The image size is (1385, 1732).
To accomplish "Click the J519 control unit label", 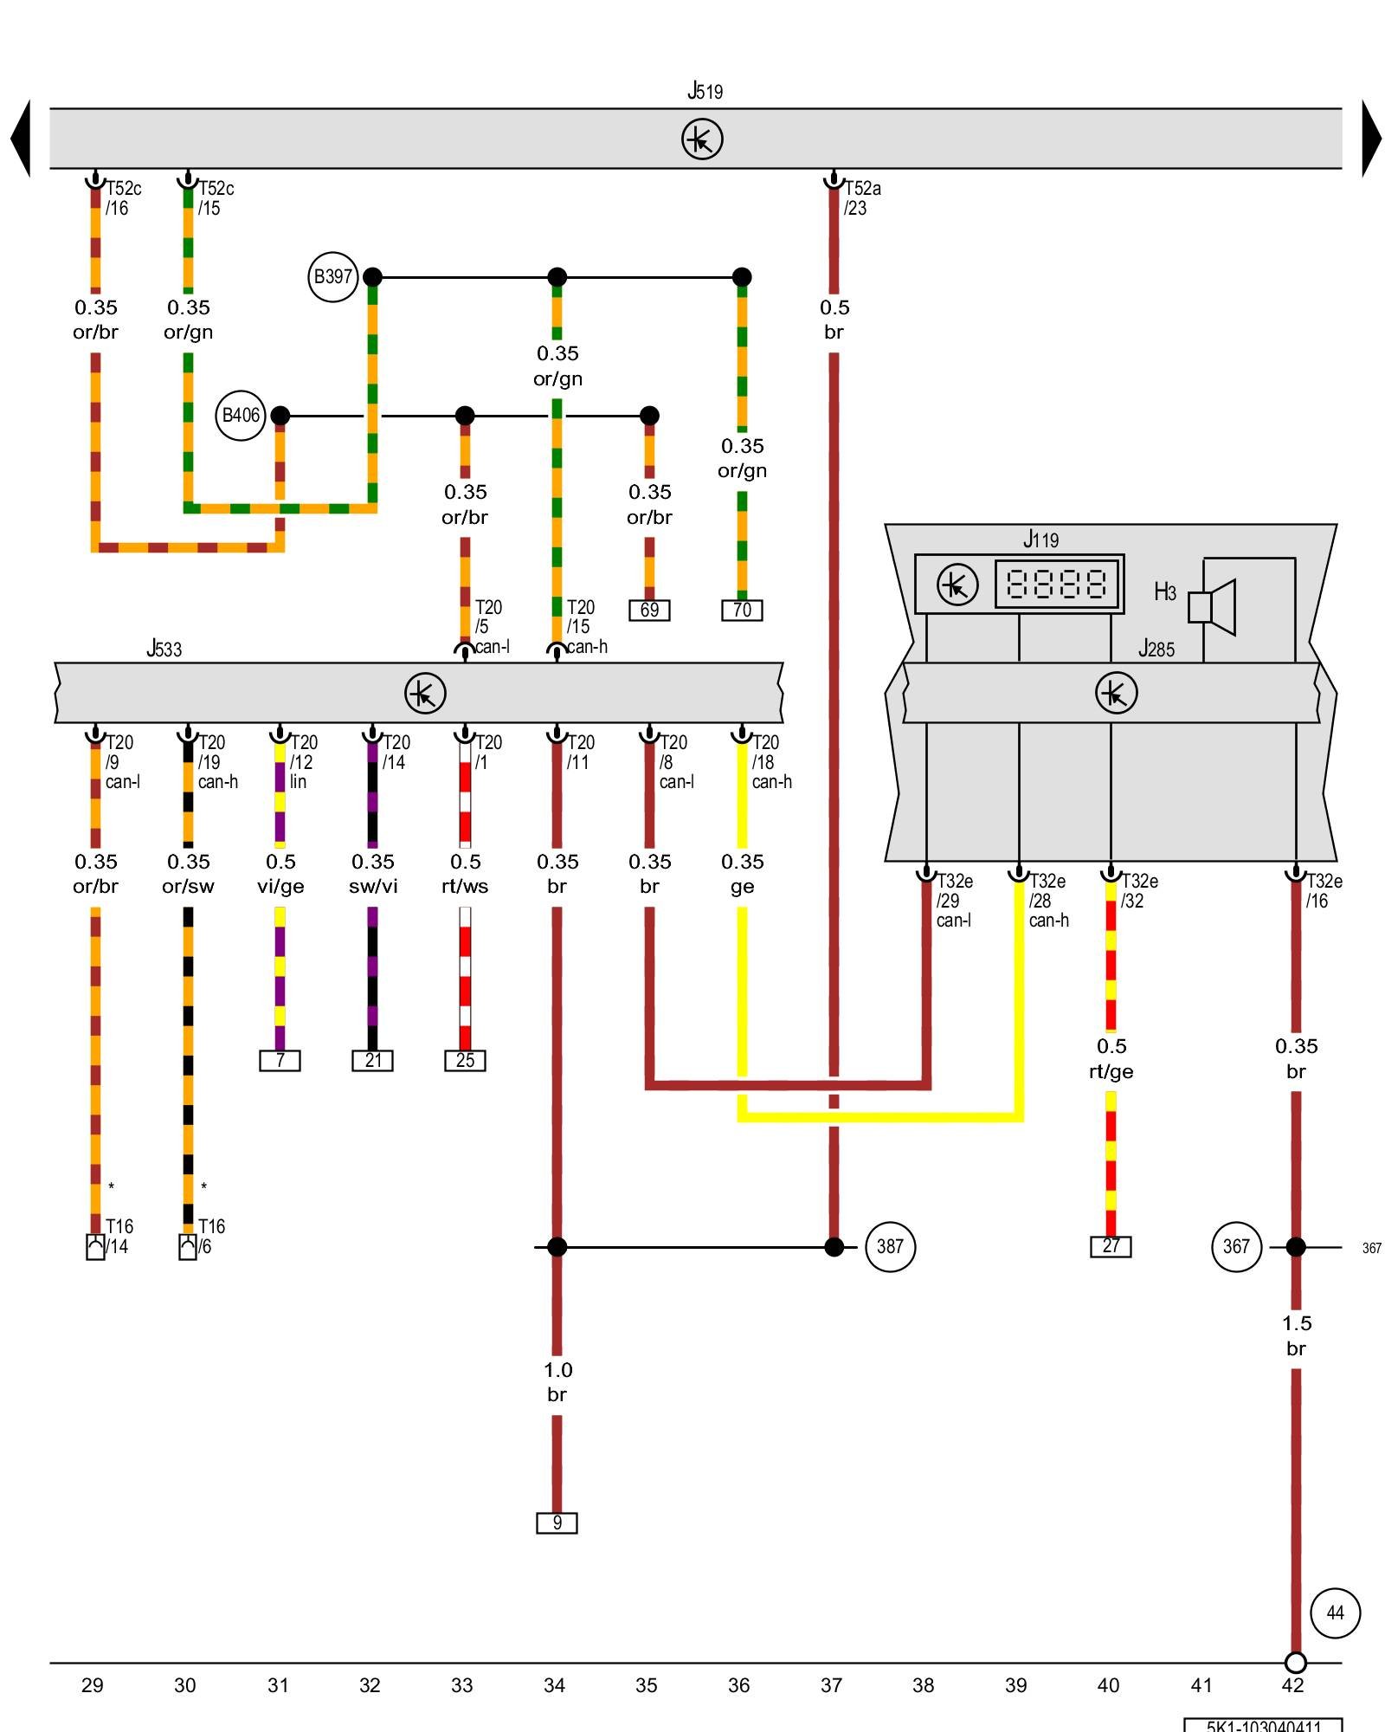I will [705, 91].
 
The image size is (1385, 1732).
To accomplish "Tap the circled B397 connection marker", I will [333, 277].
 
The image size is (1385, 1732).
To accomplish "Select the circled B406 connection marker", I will [241, 416].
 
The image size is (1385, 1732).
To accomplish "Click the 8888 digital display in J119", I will [1056, 585].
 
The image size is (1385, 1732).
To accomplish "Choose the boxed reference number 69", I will [649, 611].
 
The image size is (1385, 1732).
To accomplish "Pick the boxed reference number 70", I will [742, 611].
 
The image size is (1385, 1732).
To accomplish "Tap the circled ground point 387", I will [890, 1247].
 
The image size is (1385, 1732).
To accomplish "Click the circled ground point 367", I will [1236, 1247].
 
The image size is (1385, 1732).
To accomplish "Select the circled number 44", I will [1336, 1613].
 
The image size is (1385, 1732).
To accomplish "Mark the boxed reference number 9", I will [557, 1522].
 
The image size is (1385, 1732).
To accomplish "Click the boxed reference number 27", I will [1111, 1246].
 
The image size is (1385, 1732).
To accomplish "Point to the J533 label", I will [164, 649].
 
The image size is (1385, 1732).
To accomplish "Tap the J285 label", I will [1156, 649].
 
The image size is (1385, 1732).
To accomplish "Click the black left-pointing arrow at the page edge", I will [21, 139].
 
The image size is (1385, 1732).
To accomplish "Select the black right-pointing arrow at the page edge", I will [1371, 139].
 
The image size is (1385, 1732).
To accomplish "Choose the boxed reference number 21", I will [372, 1061].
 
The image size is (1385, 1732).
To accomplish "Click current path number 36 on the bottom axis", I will [738, 1685].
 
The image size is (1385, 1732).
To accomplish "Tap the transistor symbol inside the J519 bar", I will [702, 139].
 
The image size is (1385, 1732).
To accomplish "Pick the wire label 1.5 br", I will [1296, 1335].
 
